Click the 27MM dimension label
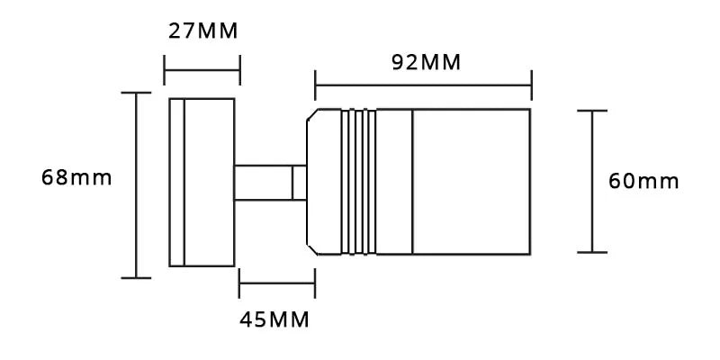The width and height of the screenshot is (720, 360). tap(203, 32)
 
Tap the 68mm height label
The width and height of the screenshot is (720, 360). tap(76, 177)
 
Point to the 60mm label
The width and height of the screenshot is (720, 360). tap(643, 181)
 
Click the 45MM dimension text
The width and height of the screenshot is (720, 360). tap(274, 319)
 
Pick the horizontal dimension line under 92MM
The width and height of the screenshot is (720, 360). tap(423, 87)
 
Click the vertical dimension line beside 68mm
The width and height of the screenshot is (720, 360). tap(136, 184)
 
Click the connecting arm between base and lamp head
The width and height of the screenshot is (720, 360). tap(262, 183)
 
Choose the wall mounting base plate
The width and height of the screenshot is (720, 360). tap(208, 182)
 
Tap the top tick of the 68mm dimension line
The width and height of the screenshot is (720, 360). tap(136, 92)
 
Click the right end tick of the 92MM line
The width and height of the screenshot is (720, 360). tap(531, 87)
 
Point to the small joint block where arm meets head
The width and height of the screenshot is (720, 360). tap(299, 183)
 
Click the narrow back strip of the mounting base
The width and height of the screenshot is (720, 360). tap(176, 182)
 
